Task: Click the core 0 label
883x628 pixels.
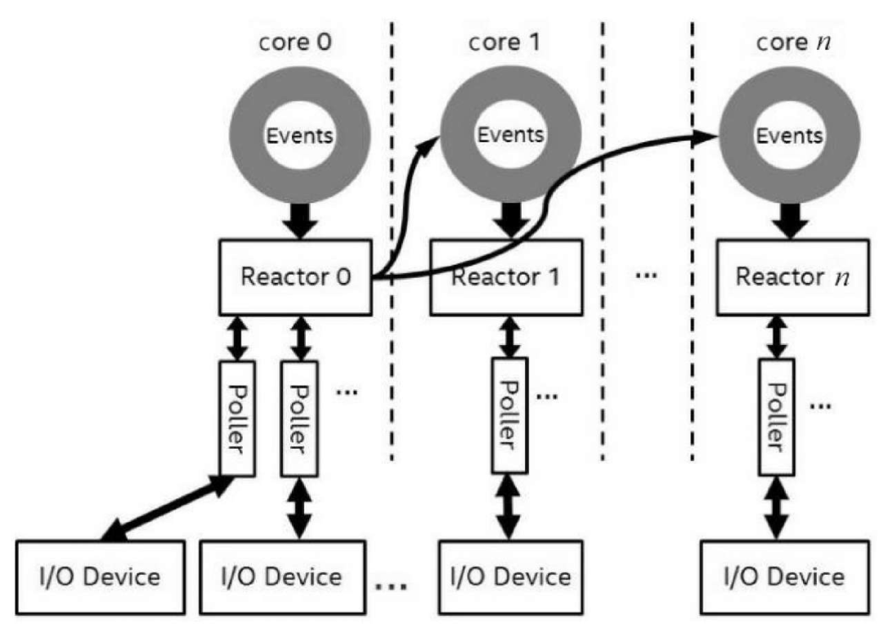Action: click(297, 42)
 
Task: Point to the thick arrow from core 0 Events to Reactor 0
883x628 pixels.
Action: click(297, 216)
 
